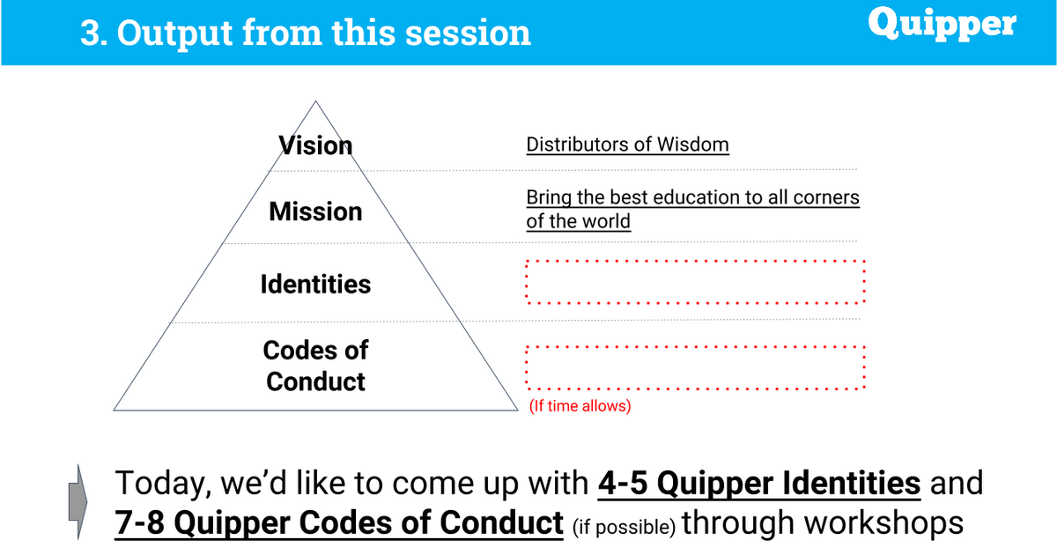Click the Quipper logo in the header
(942, 24)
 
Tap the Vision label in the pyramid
(315, 145)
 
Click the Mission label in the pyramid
(315, 211)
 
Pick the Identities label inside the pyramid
(315, 284)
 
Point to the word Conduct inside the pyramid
(315, 381)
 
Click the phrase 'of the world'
(578, 221)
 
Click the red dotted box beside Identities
(696, 261)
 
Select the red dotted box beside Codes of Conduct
(696, 347)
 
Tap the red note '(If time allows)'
(580, 406)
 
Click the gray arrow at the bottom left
(78, 501)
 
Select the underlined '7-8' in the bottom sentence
(139, 523)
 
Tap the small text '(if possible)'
(624, 527)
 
